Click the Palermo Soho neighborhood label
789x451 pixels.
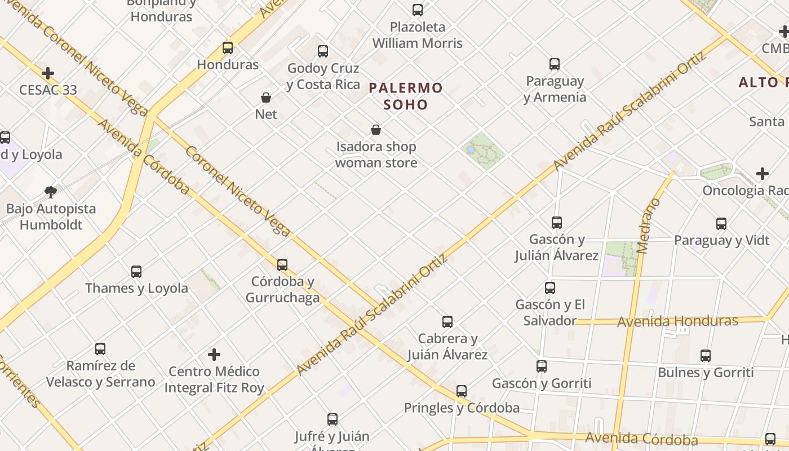tap(406, 96)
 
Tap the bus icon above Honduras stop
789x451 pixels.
tap(228, 48)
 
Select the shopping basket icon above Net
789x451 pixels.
tap(266, 98)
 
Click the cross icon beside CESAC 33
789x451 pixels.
tap(48, 73)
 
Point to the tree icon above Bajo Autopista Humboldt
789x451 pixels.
tap(51, 192)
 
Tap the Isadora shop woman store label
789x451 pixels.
tap(376, 154)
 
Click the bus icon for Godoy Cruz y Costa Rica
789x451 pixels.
tap(323, 51)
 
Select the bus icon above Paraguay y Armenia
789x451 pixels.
tap(555, 64)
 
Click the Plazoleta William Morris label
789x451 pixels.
tap(417, 35)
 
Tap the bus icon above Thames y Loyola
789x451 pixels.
tap(136, 272)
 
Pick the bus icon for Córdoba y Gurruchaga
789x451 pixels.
tap(282, 264)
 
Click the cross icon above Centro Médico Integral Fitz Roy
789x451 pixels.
tap(214, 355)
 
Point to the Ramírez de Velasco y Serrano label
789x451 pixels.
tap(100, 374)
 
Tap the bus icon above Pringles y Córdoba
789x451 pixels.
tap(462, 391)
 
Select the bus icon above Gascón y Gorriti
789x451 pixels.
tap(542, 366)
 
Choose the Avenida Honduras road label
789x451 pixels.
tap(677, 321)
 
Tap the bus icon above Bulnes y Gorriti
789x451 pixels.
tap(706, 356)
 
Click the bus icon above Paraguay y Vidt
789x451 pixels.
tap(721, 224)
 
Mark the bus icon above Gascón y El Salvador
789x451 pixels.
tap(550, 288)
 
